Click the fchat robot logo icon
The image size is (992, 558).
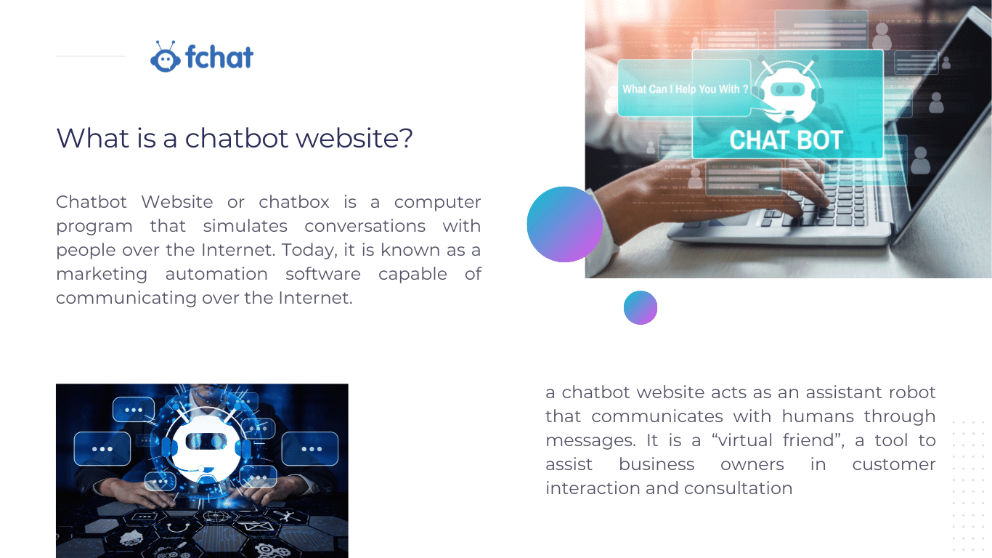[x=165, y=57]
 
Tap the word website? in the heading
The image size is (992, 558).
[x=354, y=138]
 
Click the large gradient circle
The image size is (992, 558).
[x=565, y=225]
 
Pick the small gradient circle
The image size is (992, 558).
[x=641, y=307]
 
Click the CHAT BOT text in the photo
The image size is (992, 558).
[x=786, y=140]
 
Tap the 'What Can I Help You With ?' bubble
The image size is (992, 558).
[x=685, y=89]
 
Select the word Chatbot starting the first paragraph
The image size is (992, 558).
[x=92, y=202]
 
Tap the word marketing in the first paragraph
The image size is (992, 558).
[x=102, y=275]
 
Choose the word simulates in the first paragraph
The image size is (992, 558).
[x=245, y=226]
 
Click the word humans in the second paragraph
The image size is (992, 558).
[x=818, y=416]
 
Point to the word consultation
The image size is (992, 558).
[x=738, y=488]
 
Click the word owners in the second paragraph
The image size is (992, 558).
[x=752, y=464]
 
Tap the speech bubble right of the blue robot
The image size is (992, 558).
[x=310, y=448]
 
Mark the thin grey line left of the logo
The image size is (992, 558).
[x=91, y=56]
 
